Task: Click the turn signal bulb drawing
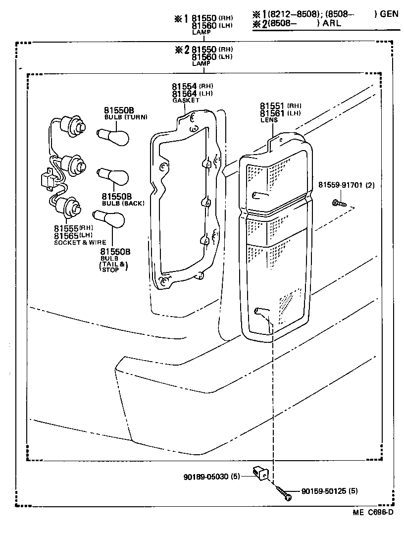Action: click(114, 136)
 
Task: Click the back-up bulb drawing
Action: click(113, 176)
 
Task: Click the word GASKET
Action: click(186, 101)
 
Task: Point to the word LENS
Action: click(269, 120)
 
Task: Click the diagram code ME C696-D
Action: click(373, 512)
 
